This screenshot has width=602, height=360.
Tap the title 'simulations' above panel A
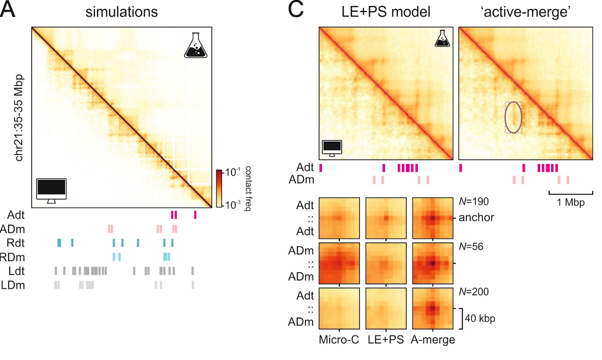click(x=121, y=12)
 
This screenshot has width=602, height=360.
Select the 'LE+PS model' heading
click(x=386, y=12)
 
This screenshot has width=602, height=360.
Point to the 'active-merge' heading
click(x=525, y=12)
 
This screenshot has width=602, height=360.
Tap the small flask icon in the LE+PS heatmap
click(x=442, y=39)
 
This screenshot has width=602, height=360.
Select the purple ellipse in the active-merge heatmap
click(x=513, y=117)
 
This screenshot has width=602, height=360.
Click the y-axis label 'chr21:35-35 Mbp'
click(x=19, y=117)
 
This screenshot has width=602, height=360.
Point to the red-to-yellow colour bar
click(x=219, y=188)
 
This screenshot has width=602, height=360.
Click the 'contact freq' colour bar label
click(x=248, y=188)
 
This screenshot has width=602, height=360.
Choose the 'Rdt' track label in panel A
click(x=16, y=243)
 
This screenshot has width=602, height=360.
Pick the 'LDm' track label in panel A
click(x=13, y=285)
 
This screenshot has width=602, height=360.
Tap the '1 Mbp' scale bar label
click(x=570, y=203)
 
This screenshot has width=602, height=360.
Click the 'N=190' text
click(x=474, y=201)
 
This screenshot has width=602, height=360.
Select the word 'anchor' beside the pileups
click(x=476, y=217)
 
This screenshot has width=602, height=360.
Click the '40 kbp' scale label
click(x=480, y=319)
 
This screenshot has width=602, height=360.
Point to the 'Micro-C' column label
click(x=339, y=340)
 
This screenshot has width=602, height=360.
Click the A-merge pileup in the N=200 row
click(x=433, y=308)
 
